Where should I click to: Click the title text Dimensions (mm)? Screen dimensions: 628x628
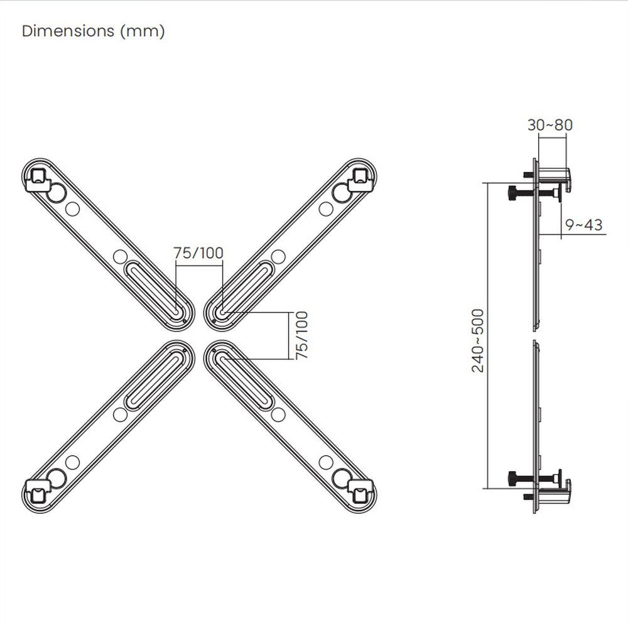click(x=93, y=31)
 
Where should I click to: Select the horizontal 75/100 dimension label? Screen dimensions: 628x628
click(x=198, y=253)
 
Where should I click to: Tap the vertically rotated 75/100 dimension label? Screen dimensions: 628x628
click(x=302, y=335)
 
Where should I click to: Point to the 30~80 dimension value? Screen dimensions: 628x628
click(x=549, y=125)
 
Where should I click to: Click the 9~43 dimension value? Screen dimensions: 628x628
click(x=583, y=224)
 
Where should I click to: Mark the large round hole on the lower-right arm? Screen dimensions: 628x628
click(x=342, y=475)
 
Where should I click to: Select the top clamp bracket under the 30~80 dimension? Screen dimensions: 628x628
click(x=553, y=173)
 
